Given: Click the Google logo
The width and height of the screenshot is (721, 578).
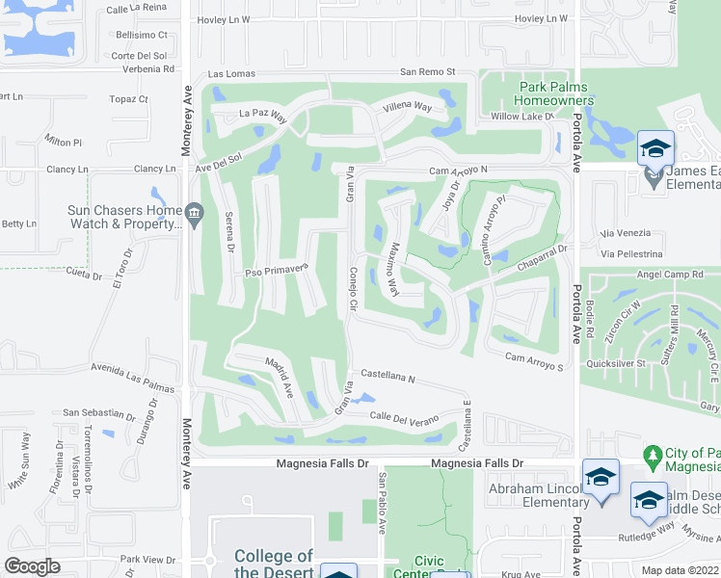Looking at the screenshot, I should (x=33, y=566).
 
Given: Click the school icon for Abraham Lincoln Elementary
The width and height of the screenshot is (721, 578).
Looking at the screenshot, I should (x=601, y=478).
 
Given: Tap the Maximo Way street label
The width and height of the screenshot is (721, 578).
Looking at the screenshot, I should (x=393, y=269).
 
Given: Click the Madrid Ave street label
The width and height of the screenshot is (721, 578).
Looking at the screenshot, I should (x=279, y=376).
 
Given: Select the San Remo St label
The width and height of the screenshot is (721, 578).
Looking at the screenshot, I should (x=428, y=72).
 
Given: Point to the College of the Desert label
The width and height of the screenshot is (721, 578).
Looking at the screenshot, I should (x=274, y=565).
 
